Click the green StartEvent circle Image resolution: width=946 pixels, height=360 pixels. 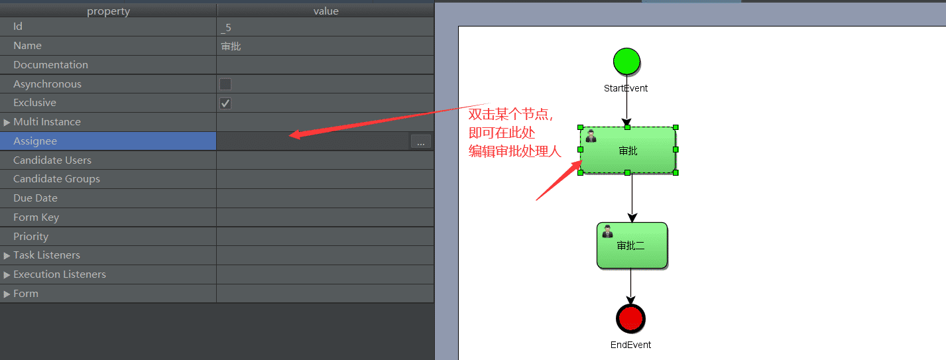(x=626, y=61)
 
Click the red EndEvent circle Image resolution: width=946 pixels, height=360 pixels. (x=630, y=319)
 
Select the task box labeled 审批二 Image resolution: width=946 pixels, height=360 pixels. (x=632, y=246)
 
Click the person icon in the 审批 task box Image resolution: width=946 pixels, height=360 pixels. (x=591, y=136)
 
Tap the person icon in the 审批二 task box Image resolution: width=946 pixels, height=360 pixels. (x=607, y=231)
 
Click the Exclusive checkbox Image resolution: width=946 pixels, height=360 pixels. (x=225, y=103)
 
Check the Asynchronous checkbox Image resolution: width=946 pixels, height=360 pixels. (x=225, y=84)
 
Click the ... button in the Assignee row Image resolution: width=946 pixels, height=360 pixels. (x=420, y=142)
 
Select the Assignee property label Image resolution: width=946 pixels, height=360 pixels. (x=35, y=141)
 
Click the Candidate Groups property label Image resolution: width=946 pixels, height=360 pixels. (x=56, y=179)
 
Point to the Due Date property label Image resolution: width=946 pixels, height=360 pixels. (x=35, y=198)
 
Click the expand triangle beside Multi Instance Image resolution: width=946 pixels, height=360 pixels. (x=7, y=122)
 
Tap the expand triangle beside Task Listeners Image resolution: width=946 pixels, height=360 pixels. (x=7, y=255)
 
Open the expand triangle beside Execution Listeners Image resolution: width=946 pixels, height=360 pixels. (x=7, y=274)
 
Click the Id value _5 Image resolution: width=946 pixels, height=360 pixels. (x=227, y=27)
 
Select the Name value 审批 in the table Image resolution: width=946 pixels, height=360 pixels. (x=231, y=46)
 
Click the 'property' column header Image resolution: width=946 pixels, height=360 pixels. (x=108, y=11)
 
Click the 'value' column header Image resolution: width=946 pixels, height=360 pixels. (x=325, y=11)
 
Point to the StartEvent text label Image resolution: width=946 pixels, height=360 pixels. (x=626, y=88)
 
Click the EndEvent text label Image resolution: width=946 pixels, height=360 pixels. (x=630, y=345)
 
